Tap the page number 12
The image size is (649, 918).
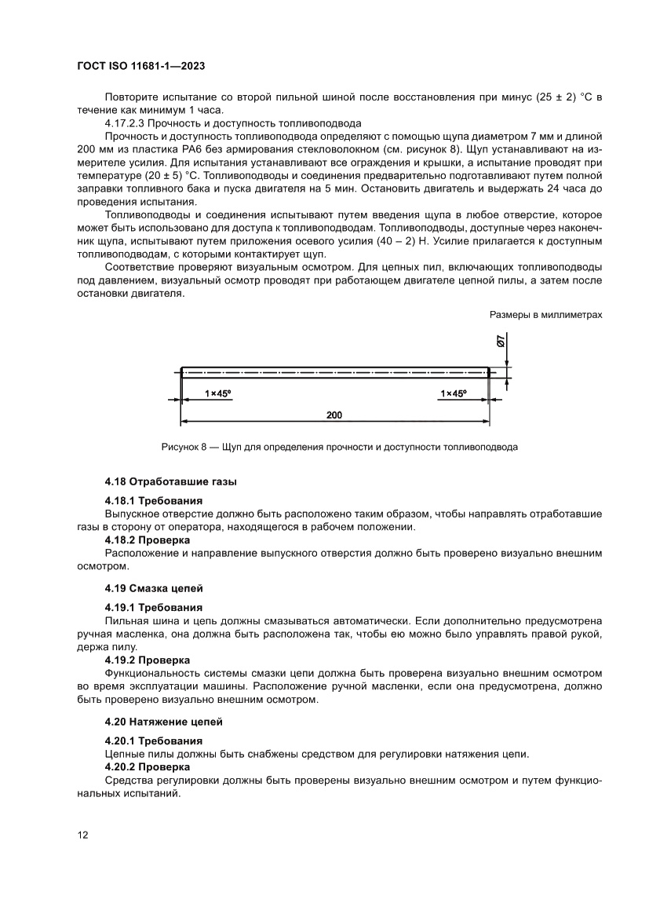click(x=82, y=835)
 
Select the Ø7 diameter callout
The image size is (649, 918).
click(x=501, y=342)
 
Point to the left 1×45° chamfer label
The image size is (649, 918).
click(x=219, y=393)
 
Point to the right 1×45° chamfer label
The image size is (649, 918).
click(x=454, y=393)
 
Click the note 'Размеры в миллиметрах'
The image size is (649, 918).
click(x=545, y=314)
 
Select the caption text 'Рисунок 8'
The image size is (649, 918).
click(x=182, y=447)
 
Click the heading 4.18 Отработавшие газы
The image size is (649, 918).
click(x=170, y=481)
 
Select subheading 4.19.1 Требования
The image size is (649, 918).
click(x=153, y=607)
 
